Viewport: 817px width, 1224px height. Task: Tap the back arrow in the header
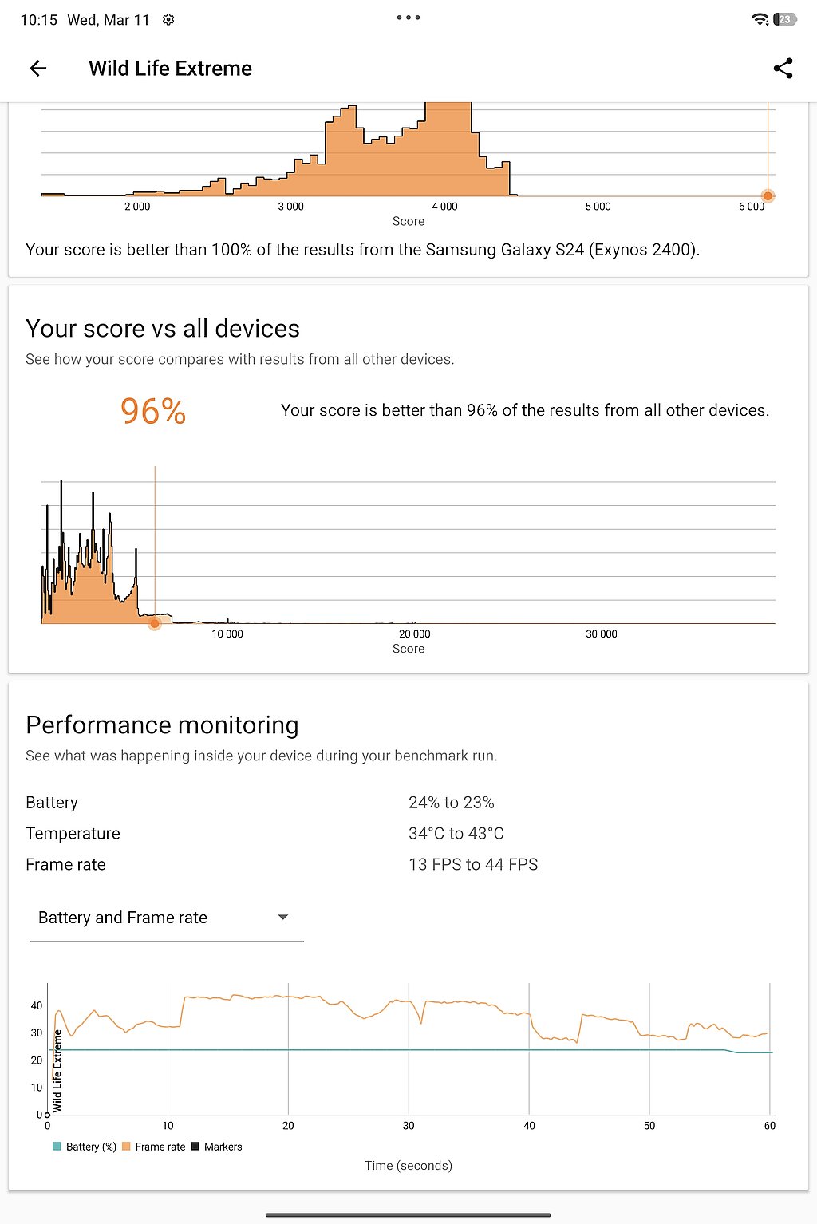point(38,69)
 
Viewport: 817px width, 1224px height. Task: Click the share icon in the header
point(783,69)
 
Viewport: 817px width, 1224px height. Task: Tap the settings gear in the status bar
point(168,20)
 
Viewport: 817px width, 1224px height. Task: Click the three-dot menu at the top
point(408,18)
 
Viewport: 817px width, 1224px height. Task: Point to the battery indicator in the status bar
point(785,20)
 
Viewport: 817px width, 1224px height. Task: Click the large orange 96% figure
point(153,412)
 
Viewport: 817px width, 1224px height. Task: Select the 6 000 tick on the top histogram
point(751,207)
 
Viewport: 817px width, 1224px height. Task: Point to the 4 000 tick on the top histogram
point(444,207)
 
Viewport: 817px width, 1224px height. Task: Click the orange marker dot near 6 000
point(768,195)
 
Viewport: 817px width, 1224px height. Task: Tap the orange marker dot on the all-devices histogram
point(155,623)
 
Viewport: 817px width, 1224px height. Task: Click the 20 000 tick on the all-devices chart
point(414,634)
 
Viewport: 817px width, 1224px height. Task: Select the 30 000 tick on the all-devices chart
point(602,634)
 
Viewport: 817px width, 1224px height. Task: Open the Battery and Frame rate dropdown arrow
point(282,918)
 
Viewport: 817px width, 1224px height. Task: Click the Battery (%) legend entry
point(85,1147)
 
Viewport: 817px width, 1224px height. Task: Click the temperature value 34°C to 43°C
point(456,834)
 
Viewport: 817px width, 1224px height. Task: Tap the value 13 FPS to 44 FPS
point(473,865)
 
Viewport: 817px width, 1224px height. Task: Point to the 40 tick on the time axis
point(529,1126)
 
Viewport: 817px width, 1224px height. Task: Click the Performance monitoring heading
point(162,725)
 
